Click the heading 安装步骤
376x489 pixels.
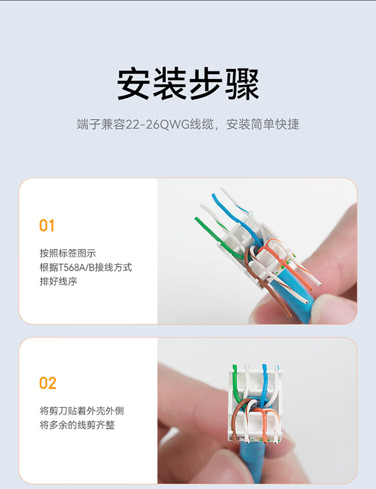tap(188, 84)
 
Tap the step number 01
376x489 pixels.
tap(47, 225)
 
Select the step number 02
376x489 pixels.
tap(48, 383)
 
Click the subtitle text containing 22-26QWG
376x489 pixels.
tap(188, 124)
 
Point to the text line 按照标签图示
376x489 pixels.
tap(68, 253)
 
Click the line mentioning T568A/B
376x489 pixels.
tap(86, 267)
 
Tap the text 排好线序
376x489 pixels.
tap(58, 281)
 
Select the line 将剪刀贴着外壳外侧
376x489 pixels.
tap(82, 411)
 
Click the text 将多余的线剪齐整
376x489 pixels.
tap(77, 425)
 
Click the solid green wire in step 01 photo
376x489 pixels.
tap(216, 238)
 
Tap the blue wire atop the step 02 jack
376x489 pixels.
tap(265, 383)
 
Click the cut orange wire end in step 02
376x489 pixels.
tap(265, 441)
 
